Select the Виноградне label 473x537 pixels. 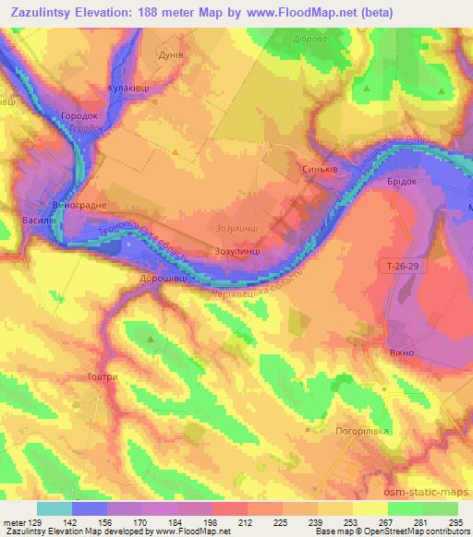tap(81, 204)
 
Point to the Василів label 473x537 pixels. tap(40, 221)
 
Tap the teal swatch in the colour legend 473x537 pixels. tap(55, 508)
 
